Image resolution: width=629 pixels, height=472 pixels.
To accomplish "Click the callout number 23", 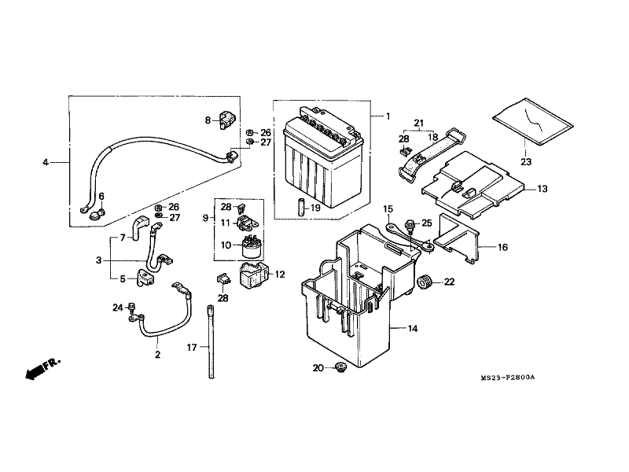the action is [x=526, y=162].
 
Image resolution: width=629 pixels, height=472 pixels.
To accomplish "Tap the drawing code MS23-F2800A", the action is [x=508, y=378].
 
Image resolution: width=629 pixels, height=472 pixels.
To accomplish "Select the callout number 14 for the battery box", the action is [x=413, y=329].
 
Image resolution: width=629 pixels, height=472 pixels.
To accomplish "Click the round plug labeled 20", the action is [x=341, y=367].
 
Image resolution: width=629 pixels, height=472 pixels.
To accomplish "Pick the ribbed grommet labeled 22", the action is [x=424, y=282].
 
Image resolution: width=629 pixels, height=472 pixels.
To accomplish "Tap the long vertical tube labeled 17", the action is [x=211, y=342].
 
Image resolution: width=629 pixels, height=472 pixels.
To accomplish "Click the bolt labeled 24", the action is [x=131, y=307].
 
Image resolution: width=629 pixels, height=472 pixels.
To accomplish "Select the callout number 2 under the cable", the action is [x=157, y=355].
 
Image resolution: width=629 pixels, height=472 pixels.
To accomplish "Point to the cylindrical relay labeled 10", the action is [x=251, y=246].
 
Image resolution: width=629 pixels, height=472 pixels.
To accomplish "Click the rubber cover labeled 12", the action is [x=253, y=275].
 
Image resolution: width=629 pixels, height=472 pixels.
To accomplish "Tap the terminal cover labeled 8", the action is [x=227, y=119].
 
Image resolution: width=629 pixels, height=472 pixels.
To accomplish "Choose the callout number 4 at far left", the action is [x=46, y=162].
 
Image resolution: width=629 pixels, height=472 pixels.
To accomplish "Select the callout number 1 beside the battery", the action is [x=388, y=116].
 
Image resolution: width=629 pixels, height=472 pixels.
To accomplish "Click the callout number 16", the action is [x=502, y=247].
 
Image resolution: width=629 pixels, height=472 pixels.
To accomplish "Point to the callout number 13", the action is [x=542, y=189].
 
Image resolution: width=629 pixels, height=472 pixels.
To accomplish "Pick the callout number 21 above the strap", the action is [x=418, y=123].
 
